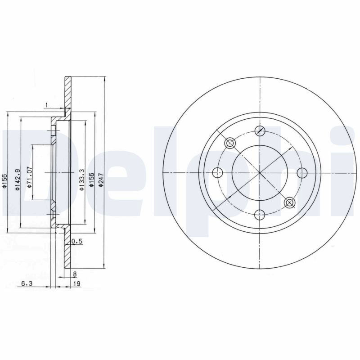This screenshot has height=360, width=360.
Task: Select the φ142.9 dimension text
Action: [18, 180]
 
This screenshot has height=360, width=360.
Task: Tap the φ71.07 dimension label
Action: [29, 177]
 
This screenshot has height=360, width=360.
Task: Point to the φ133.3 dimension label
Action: [82, 180]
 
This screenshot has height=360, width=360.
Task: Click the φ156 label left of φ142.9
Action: [5, 181]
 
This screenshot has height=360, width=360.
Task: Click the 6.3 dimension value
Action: [27, 283]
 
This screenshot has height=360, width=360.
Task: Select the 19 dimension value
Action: [77, 283]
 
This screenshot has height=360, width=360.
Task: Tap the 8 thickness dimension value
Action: [75, 274]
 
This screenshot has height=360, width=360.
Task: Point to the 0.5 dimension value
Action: [77, 241]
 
